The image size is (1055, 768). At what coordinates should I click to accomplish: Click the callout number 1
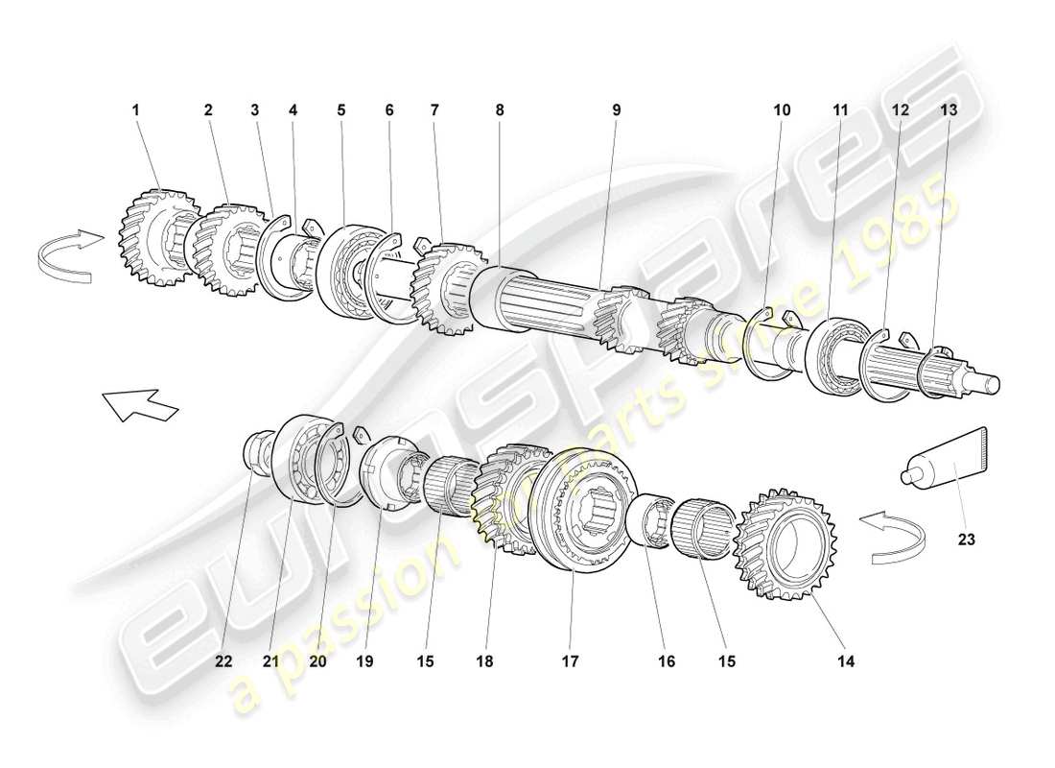point(135,110)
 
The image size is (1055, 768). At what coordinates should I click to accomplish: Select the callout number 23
point(966,540)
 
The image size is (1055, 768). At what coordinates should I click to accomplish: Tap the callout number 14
point(845,660)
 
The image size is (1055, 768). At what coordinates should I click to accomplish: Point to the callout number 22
point(223,660)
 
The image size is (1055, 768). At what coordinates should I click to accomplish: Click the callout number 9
point(617,110)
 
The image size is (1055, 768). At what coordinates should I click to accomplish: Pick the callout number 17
point(571,660)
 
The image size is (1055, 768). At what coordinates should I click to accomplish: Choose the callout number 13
point(949,110)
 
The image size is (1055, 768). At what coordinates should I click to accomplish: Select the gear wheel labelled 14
point(785,544)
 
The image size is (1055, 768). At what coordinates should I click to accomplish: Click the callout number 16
point(667,660)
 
